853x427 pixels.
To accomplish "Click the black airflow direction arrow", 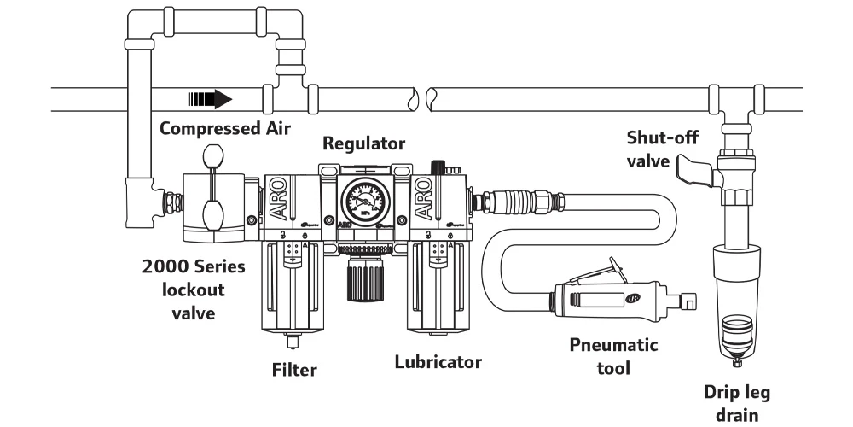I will pos(210,99).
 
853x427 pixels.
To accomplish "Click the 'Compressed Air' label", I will pos(225,129).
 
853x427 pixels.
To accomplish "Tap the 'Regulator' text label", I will pos(363,143).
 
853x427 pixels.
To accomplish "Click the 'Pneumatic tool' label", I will pos(613,356).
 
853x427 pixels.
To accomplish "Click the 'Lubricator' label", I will pos(438,361).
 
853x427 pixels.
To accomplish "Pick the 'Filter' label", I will pos(294,370).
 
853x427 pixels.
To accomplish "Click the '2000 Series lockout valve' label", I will pos(193,290).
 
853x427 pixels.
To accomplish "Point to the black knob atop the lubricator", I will pos(439,165).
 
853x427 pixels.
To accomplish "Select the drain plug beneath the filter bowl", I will pos(293,342).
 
